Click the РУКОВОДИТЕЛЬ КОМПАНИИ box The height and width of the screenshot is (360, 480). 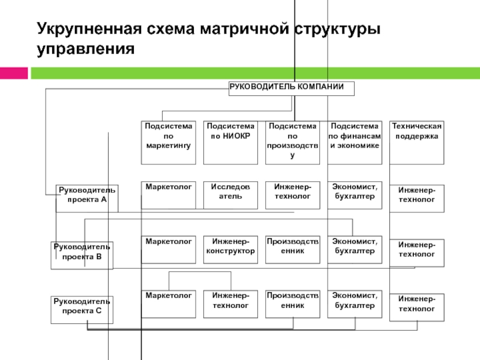click(292, 88)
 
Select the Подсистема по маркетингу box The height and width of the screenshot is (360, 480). click(169, 143)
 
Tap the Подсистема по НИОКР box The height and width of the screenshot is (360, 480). click(230, 143)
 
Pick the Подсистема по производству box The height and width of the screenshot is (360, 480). click(292, 143)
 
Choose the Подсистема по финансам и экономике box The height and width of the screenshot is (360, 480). click(355, 143)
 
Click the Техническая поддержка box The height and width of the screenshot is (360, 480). click(416, 143)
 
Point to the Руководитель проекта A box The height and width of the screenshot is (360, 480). click(87, 199)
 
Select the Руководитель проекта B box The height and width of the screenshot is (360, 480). click(82, 256)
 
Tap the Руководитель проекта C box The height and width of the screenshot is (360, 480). click(82, 310)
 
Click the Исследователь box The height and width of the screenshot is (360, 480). click(230, 196)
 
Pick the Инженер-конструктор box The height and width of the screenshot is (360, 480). click(230, 250)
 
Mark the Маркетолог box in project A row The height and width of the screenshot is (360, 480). click(169, 196)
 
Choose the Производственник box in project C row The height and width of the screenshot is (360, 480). click(293, 304)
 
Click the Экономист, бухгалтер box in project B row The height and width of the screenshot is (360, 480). click(355, 250)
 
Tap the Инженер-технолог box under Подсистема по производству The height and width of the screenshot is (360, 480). click(293, 196)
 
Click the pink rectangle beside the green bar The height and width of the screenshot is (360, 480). click(14, 73)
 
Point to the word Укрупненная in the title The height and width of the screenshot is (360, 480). click(89, 29)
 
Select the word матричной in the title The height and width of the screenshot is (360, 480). click(244, 28)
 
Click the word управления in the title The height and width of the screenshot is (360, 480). click(86, 49)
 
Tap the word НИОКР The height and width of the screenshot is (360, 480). click(236, 136)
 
